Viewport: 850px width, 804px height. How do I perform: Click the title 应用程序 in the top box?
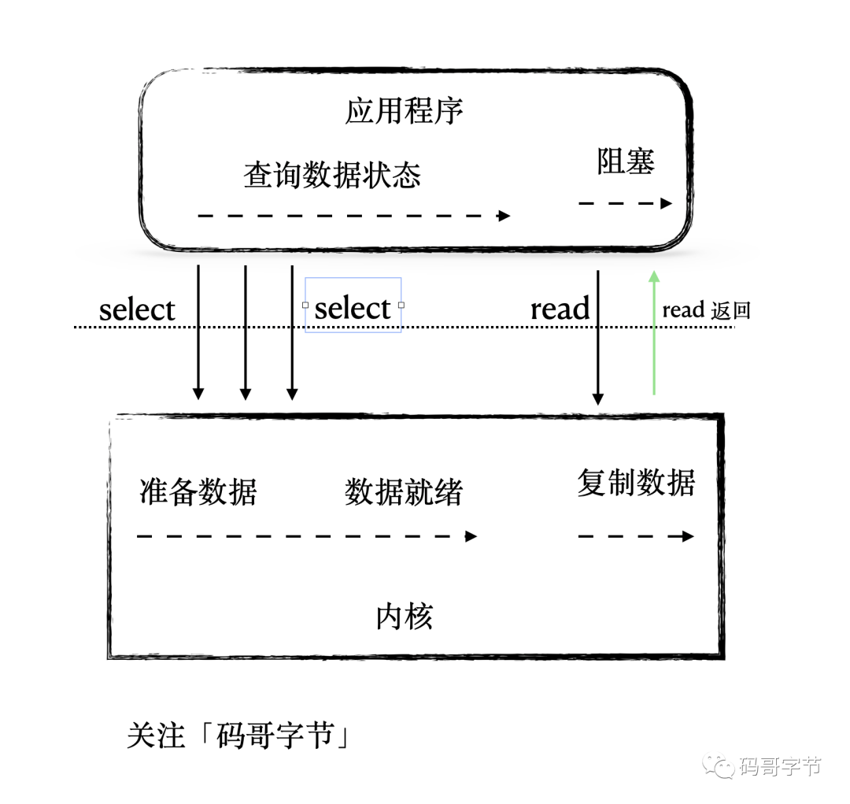404,111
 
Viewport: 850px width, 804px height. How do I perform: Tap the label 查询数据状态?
332,175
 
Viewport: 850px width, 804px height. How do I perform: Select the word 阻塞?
626,161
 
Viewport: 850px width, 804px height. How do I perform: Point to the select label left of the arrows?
137,309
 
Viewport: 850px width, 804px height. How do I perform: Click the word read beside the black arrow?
560,309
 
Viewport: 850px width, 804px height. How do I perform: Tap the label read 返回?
706,310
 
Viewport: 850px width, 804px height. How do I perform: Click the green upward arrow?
654,332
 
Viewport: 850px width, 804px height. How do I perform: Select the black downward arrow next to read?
598,338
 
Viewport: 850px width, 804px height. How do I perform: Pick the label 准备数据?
198,491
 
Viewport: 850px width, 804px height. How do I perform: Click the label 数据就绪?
403,491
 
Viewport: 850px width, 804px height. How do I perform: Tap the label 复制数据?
636,482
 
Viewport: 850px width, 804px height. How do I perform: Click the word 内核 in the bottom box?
404,617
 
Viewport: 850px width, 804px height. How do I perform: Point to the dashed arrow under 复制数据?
637,536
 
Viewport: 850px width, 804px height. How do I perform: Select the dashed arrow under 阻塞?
626,204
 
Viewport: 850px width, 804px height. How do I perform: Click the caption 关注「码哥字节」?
238,735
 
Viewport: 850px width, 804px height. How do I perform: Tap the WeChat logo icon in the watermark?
719,766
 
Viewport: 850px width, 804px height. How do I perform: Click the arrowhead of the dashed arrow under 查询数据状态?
504,216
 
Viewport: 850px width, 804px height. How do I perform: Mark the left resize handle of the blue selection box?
305,305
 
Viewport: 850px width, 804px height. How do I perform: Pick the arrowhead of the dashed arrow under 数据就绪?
471,536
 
